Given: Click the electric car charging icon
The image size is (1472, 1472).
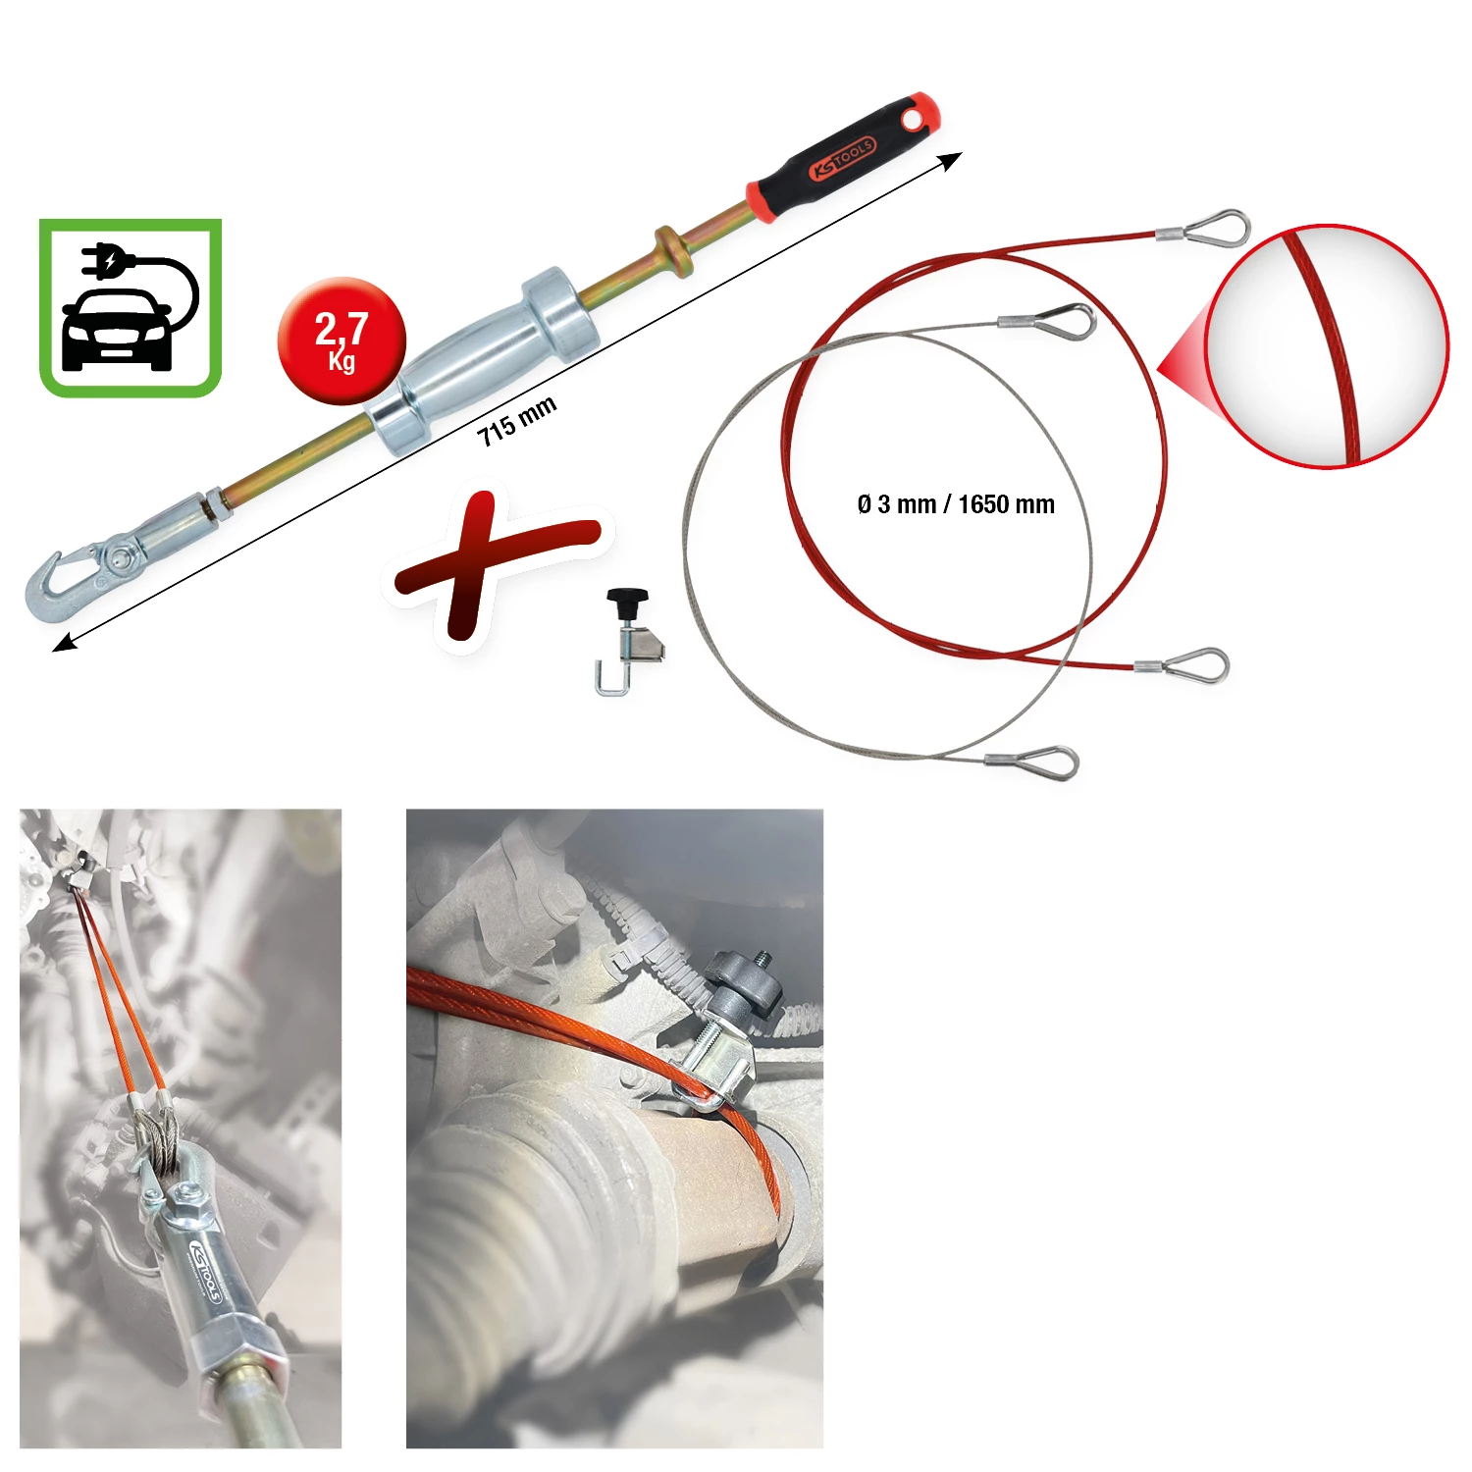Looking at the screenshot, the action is click(131, 308).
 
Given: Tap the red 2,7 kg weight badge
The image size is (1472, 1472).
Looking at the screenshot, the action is click(342, 341).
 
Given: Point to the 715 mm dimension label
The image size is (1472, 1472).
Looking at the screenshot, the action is click(517, 421).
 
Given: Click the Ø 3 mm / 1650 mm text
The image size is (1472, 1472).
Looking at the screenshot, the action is click(956, 504).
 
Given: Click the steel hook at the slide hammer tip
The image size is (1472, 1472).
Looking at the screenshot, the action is click(61, 584).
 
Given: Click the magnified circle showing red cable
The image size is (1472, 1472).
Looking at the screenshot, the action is click(1327, 346).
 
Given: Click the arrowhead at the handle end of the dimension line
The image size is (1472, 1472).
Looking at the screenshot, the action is click(950, 162).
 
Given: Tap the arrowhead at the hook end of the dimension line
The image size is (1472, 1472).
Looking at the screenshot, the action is click(65, 642).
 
